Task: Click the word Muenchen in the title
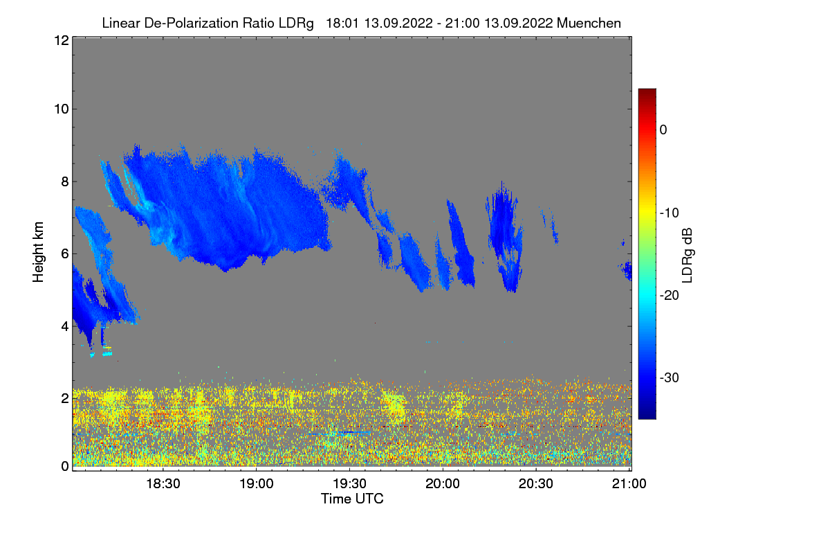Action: coord(589,23)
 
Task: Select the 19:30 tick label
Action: coord(349,484)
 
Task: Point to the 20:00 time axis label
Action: coord(443,484)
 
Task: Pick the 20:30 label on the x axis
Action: coord(536,484)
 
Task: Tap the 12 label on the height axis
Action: coord(60,40)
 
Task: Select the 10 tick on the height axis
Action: coord(60,109)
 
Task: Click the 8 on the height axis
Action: coord(64,181)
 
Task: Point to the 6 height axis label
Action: coord(64,253)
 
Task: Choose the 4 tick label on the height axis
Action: coord(64,325)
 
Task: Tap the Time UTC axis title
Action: coord(352,499)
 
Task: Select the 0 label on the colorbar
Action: coord(663,129)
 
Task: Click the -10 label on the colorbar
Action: coord(670,213)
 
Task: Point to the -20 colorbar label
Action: coord(670,296)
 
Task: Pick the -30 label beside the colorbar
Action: coord(670,378)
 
